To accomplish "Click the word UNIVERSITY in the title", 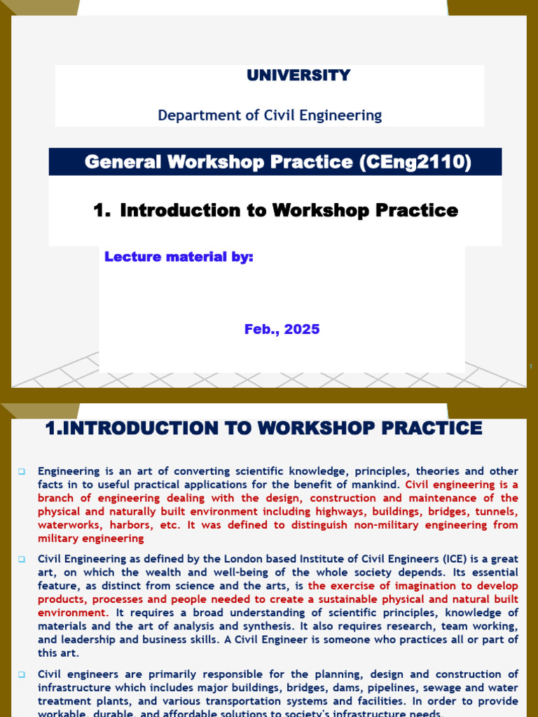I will click(298, 76).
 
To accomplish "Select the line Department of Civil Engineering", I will click(270, 116).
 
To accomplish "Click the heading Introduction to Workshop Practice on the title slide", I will click(289, 210).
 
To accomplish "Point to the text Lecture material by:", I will click(179, 257).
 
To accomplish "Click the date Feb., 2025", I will click(282, 329).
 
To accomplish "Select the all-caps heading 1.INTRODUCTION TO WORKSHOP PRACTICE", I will click(263, 429).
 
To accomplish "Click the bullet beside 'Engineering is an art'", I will click(22, 471).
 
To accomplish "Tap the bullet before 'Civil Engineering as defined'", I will click(22, 559).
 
